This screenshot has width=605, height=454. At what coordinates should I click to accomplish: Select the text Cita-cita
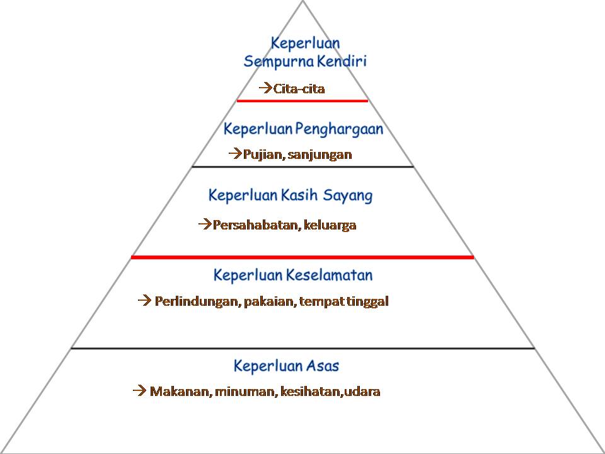(x=299, y=89)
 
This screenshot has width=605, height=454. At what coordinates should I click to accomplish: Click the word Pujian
(x=262, y=154)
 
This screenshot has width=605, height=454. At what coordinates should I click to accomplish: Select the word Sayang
(x=348, y=196)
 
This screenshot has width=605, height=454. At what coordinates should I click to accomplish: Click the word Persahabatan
(x=255, y=225)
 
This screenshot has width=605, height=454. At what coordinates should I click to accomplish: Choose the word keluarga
(x=330, y=225)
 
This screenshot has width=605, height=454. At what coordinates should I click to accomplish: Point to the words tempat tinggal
(x=344, y=301)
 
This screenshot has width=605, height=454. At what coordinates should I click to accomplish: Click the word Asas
(x=322, y=366)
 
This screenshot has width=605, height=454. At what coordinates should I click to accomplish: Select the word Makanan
(x=179, y=392)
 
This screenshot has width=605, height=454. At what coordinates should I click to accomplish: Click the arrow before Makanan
(x=139, y=391)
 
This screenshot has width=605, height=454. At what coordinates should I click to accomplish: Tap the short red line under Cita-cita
(x=302, y=100)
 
